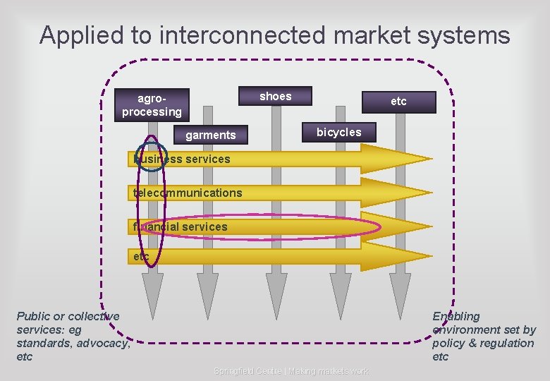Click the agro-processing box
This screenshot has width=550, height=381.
[152, 105]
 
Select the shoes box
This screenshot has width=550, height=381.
[275, 97]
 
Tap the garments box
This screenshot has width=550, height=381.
[210, 135]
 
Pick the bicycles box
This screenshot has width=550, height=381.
[338, 132]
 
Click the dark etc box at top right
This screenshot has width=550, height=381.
[398, 102]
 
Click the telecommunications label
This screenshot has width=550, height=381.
[188, 193]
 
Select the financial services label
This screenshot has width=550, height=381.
[181, 226]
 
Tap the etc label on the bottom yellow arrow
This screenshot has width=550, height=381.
[141, 257]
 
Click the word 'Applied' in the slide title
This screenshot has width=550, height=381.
[80, 35]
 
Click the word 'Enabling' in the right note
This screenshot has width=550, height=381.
[456, 316]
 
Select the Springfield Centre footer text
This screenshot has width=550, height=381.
[291, 371]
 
